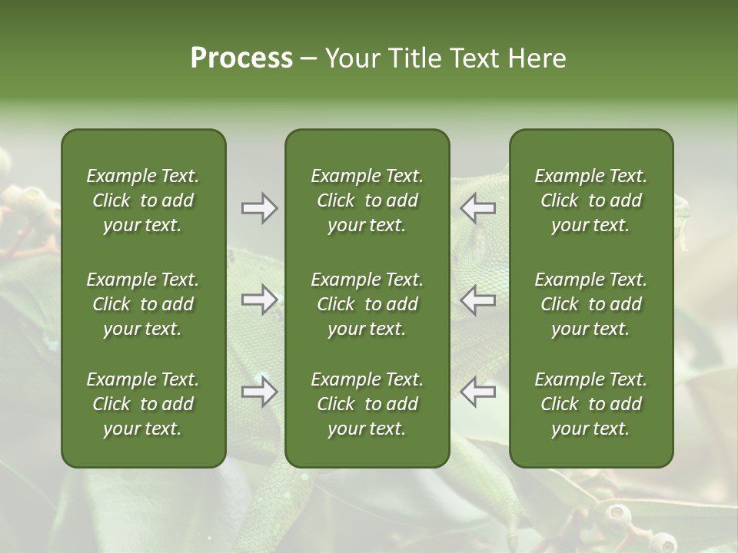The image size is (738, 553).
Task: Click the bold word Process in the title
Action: [x=241, y=58]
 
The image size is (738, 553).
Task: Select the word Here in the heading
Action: [x=537, y=58]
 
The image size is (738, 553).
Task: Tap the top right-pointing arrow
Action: [x=259, y=208]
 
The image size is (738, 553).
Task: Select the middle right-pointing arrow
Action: [x=259, y=300]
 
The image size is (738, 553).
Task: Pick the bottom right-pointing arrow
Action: [x=259, y=392]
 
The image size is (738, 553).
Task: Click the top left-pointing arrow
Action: [x=477, y=208]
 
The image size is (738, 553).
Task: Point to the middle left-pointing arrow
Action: [x=477, y=300]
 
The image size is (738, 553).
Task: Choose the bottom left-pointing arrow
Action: [x=477, y=392]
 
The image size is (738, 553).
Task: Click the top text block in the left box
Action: [x=143, y=200]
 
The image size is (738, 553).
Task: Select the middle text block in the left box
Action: [x=143, y=304]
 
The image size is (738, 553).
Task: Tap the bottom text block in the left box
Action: [x=143, y=404]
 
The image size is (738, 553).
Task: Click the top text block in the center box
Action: [x=367, y=200]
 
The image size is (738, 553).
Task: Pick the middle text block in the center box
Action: [x=367, y=304]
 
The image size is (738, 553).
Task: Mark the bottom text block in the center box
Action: [x=367, y=404]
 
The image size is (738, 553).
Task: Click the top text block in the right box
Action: [x=590, y=200]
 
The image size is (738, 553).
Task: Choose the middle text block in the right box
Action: [x=590, y=304]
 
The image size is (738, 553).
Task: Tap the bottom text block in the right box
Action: [x=590, y=404]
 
